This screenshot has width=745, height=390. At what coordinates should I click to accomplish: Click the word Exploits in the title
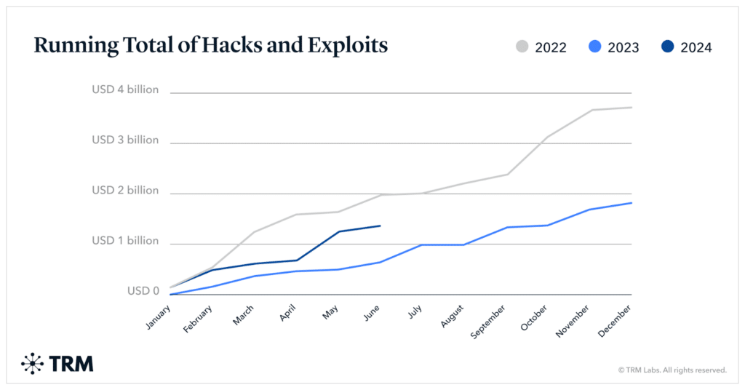coord(346,46)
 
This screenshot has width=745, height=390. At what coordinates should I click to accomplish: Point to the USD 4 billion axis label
coord(124,90)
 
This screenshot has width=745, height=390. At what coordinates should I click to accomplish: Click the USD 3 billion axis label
coord(124,140)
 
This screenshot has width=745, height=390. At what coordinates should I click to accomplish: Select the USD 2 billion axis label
coord(124,190)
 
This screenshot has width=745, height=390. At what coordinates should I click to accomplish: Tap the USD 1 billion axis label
coord(124,240)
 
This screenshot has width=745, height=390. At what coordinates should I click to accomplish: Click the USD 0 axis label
coord(143,290)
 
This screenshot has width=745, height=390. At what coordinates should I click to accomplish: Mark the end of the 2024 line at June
coord(380,226)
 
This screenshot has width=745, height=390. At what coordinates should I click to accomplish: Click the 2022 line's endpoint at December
coord(631,108)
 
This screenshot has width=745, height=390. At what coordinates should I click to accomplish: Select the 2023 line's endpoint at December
coord(631,203)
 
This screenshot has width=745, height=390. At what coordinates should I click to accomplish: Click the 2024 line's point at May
coord(338,231)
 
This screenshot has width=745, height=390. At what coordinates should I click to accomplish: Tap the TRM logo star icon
coord(33,363)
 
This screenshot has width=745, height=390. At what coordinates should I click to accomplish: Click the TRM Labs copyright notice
coord(672,370)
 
